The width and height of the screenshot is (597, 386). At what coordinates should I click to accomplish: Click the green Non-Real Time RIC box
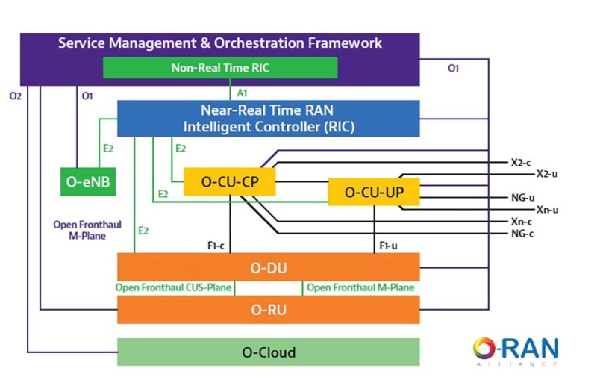pyautogui.click(x=220, y=67)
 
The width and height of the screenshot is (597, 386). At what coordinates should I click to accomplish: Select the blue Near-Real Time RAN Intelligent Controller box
pyautogui.click(x=269, y=119)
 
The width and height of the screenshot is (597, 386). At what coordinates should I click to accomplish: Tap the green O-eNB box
pyautogui.click(x=88, y=181)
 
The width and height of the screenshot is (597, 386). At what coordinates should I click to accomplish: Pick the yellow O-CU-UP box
pyautogui.click(x=374, y=192)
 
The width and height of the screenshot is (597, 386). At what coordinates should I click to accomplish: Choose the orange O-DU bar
pyautogui.click(x=269, y=267)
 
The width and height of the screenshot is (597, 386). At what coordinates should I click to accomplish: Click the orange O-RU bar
pyautogui.click(x=269, y=309)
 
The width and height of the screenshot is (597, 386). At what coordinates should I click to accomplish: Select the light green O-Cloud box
pyautogui.click(x=269, y=352)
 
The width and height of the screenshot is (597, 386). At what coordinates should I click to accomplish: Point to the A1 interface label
pyautogui.click(x=242, y=93)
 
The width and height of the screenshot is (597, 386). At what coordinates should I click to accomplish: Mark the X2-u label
pyautogui.click(x=547, y=173)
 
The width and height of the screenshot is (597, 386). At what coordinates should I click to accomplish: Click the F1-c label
pyautogui.click(x=217, y=244)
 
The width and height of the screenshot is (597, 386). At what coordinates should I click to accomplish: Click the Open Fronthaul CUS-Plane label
pyautogui.click(x=174, y=287)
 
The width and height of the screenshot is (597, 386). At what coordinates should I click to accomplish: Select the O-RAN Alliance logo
pyautogui.click(x=516, y=350)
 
